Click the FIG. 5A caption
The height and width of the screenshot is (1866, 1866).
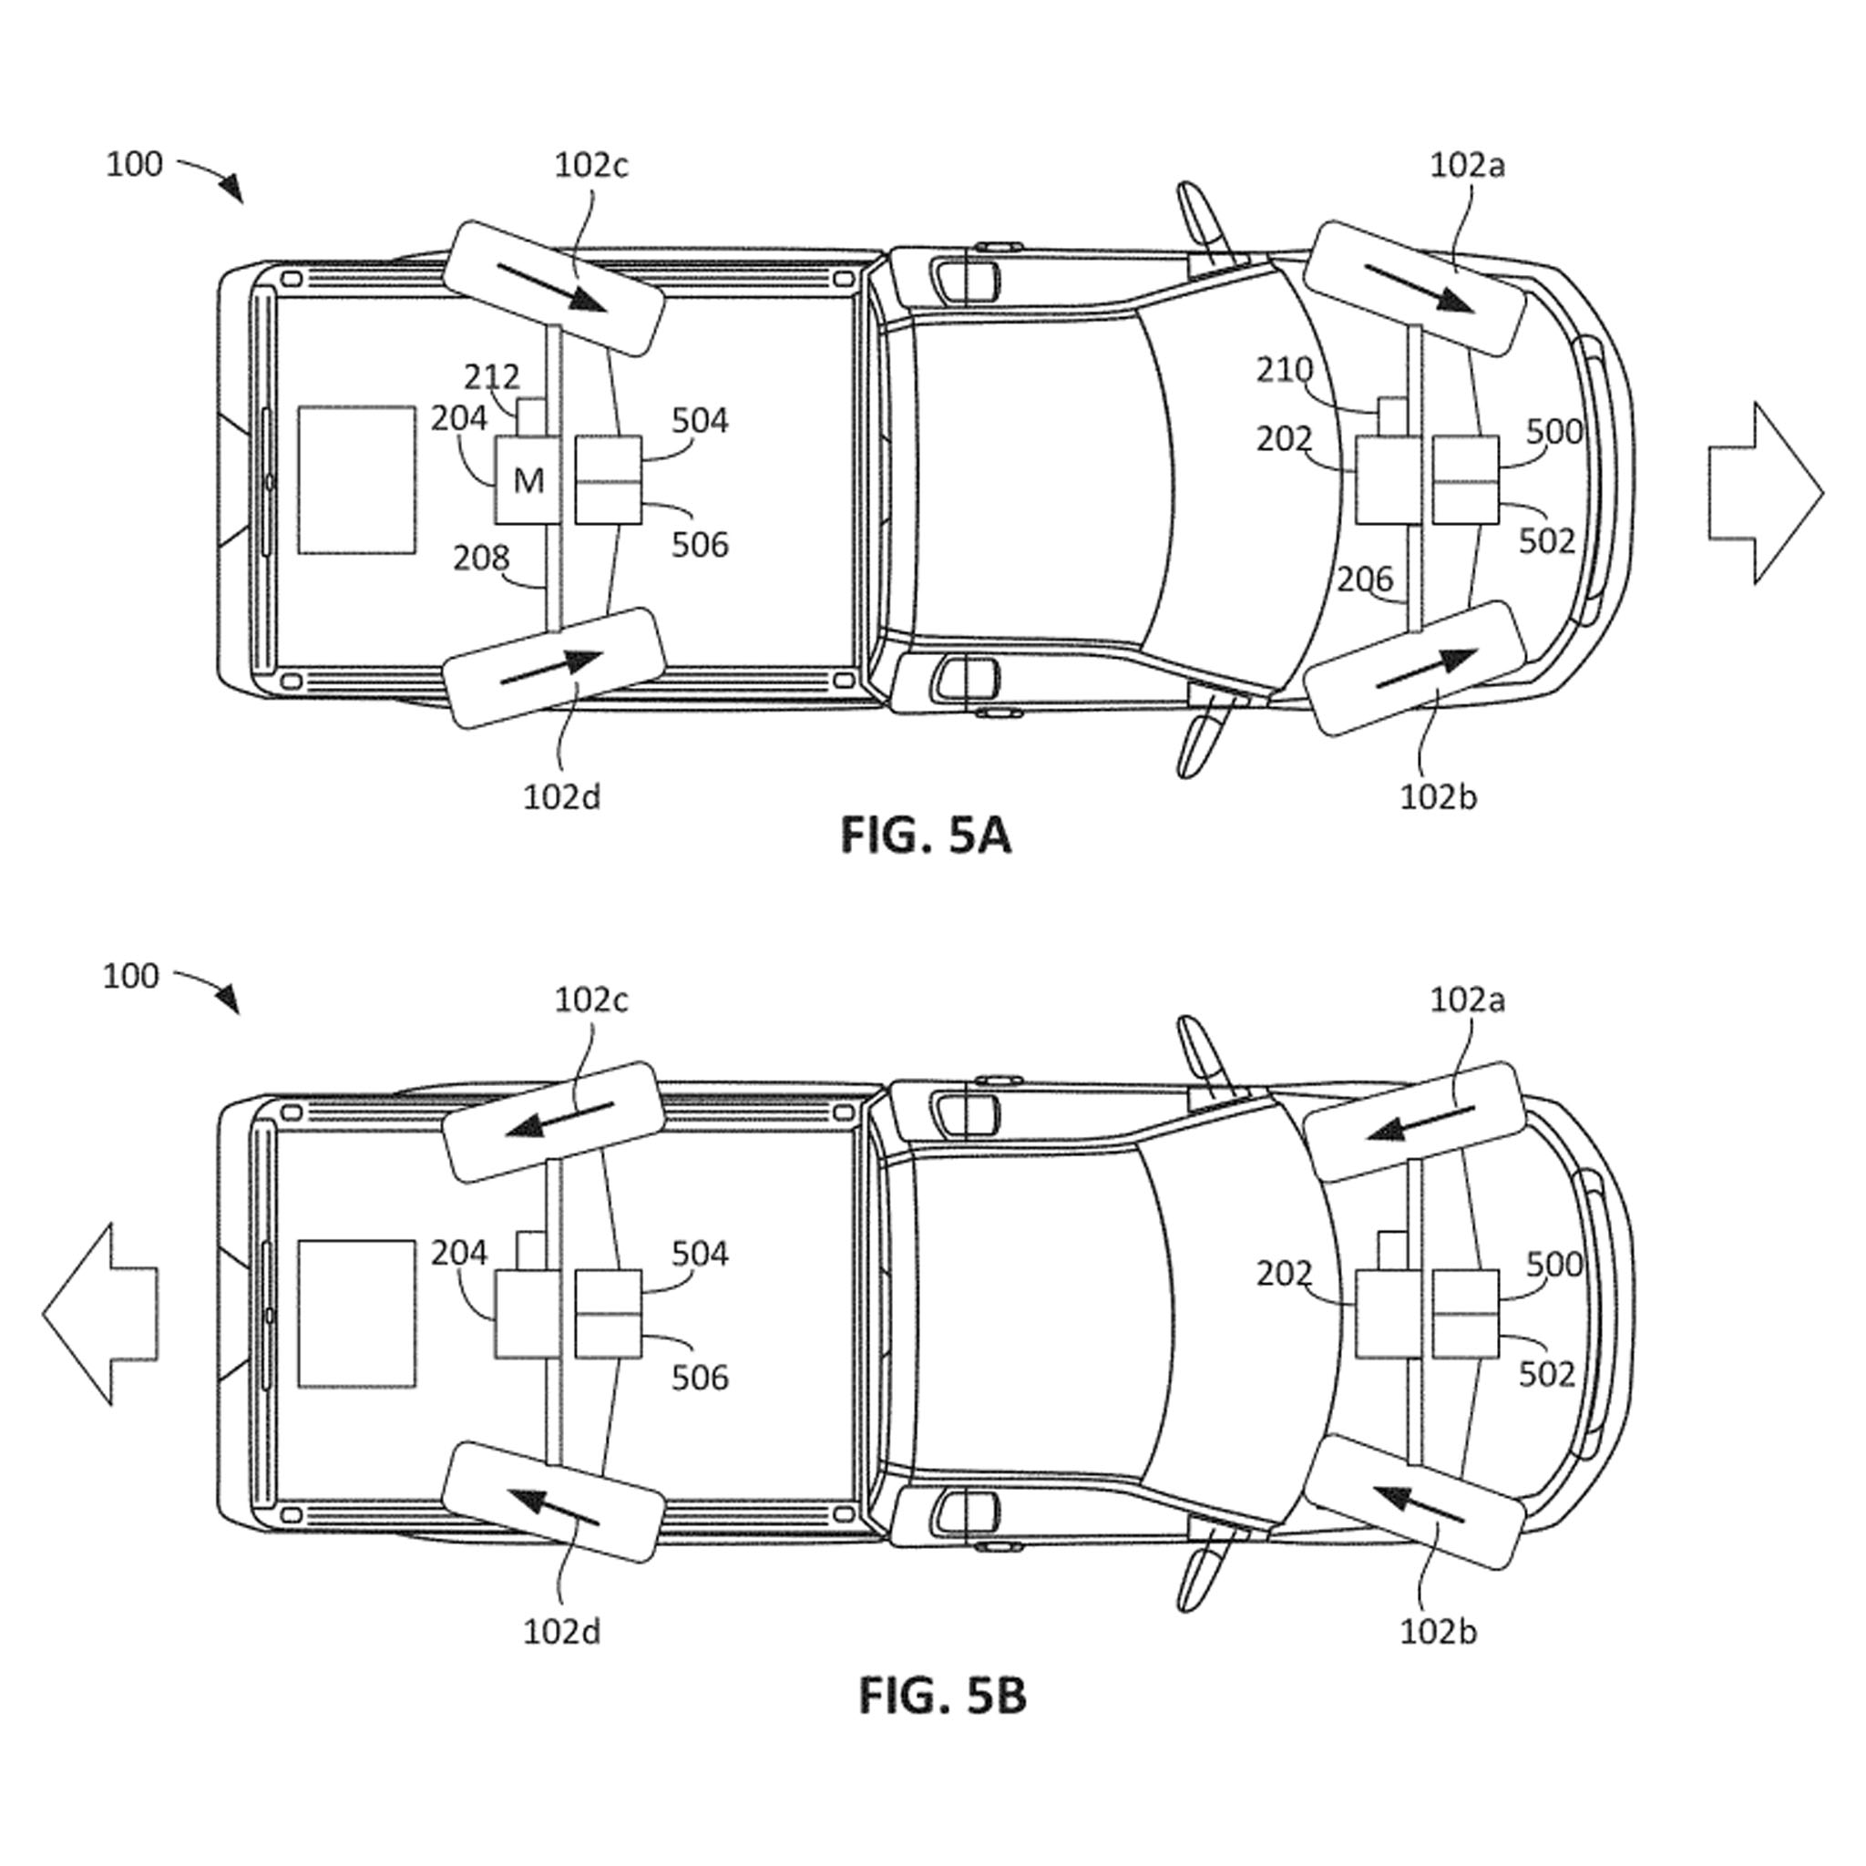pyautogui.click(x=926, y=835)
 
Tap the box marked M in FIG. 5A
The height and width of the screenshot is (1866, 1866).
pyautogui.click(x=528, y=480)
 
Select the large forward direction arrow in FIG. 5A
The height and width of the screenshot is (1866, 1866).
pyautogui.click(x=1766, y=494)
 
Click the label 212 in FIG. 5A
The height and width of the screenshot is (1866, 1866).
pyautogui.click(x=492, y=375)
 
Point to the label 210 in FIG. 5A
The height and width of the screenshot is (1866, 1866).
pyautogui.click(x=1285, y=369)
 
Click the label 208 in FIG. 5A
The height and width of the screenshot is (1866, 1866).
pyautogui.click(x=481, y=558)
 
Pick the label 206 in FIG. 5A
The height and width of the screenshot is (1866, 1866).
pyautogui.click(x=1366, y=579)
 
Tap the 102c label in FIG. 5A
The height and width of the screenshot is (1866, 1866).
pyautogui.click(x=591, y=165)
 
